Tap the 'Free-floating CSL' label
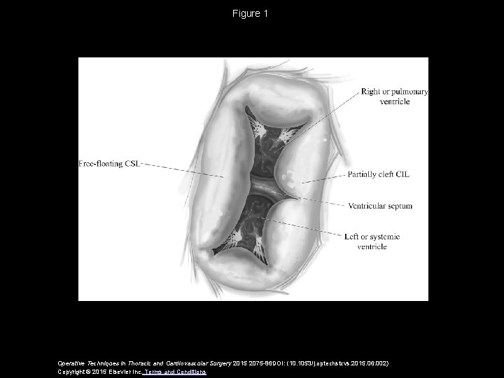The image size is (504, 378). pos(110,163)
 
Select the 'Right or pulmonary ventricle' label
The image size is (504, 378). pos(395,97)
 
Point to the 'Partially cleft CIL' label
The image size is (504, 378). pos(378,174)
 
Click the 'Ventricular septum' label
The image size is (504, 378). pos(379,206)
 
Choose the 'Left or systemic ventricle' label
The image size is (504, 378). pos(372,241)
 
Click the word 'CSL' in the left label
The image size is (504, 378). pos(133,163)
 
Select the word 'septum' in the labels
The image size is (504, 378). pos(400,206)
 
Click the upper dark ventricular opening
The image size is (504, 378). pos(269,143)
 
